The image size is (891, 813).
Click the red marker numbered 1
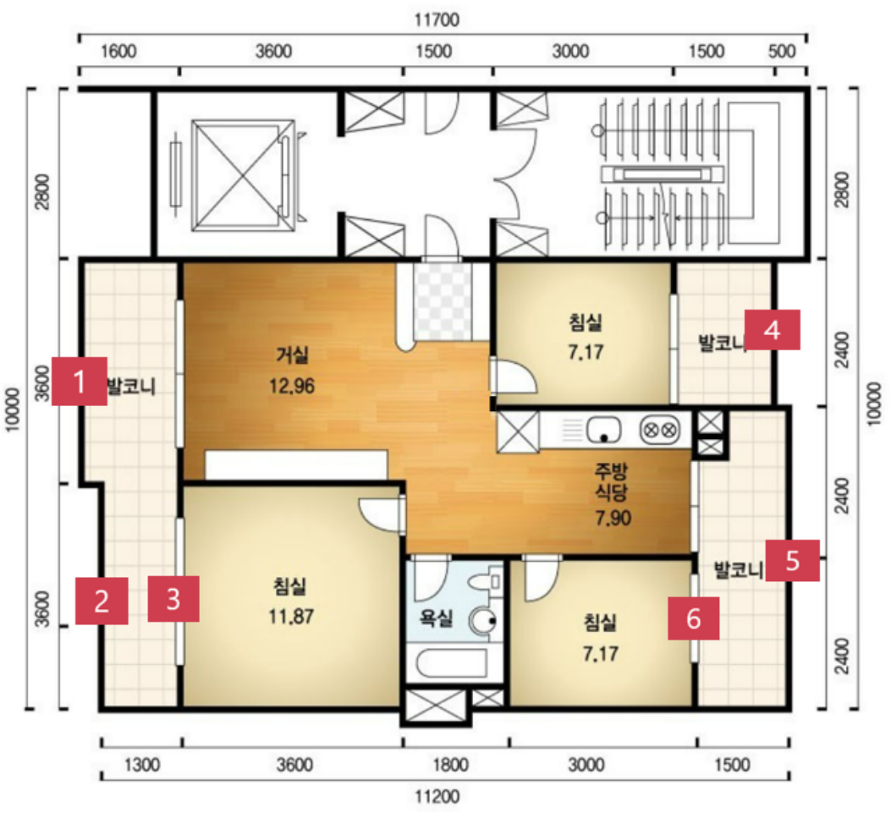tap(80, 382)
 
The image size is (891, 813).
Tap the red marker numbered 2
tap(102, 601)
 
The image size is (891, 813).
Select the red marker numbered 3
tap(173, 599)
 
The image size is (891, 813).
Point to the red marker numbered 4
tap(773, 330)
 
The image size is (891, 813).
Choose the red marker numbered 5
tap(792, 560)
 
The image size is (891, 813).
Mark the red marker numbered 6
tap(693, 618)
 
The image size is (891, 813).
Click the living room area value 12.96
tap(292, 387)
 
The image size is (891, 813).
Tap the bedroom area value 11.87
tap(291, 616)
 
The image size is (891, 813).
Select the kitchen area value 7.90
tap(613, 518)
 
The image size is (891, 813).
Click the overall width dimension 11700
tap(437, 20)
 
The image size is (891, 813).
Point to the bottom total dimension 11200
tap(437, 796)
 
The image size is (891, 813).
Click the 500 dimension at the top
tap(781, 51)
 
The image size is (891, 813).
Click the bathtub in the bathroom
tap(452, 663)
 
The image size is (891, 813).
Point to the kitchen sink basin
tap(603, 430)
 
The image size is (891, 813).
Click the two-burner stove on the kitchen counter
tap(660, 430)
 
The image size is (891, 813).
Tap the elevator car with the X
tap(243, 174)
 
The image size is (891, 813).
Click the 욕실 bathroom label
tap(437, 618)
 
